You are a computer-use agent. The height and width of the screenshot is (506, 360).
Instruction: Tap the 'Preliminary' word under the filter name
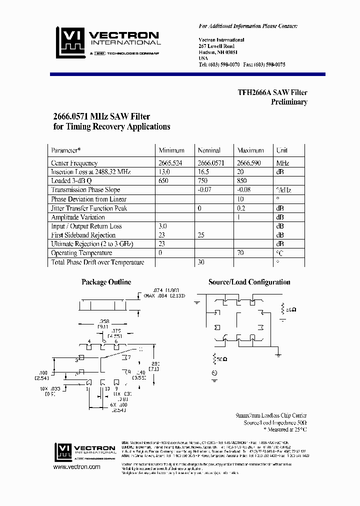pyautogui.click(x=289, y=102)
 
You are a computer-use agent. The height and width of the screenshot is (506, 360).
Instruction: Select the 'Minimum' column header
pyautogui.click(x=171, y=150)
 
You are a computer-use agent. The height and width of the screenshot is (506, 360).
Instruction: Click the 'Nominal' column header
pyautogui.click(x=209, y=150)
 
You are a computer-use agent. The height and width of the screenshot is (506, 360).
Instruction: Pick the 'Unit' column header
pyautogui.click(x=282, y=150)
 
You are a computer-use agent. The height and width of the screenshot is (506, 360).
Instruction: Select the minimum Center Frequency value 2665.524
pyautogui.click(x=173, y=163)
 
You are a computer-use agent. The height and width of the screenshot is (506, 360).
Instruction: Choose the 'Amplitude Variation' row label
pyautogui.click(x=78, y=217)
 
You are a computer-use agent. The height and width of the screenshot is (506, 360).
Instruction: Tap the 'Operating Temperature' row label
pyautogui.click(x=81, y=253)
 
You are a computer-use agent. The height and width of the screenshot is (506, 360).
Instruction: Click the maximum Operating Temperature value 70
pyautogui.click(x=240, y=253)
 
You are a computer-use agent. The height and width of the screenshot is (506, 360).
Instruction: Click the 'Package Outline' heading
pyautogui.click(x=106, y=282)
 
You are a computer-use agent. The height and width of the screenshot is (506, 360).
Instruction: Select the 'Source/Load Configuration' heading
pyautogui.click(x=249, y=282)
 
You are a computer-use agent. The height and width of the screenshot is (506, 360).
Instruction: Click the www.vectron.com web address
pyautogui.click(x=76, y=467)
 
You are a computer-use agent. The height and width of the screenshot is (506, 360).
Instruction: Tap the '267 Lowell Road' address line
pyautogui.click(x=216, y=46)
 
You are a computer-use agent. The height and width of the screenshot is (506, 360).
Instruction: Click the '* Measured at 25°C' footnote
pyautogui.click(x=285, y=429)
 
